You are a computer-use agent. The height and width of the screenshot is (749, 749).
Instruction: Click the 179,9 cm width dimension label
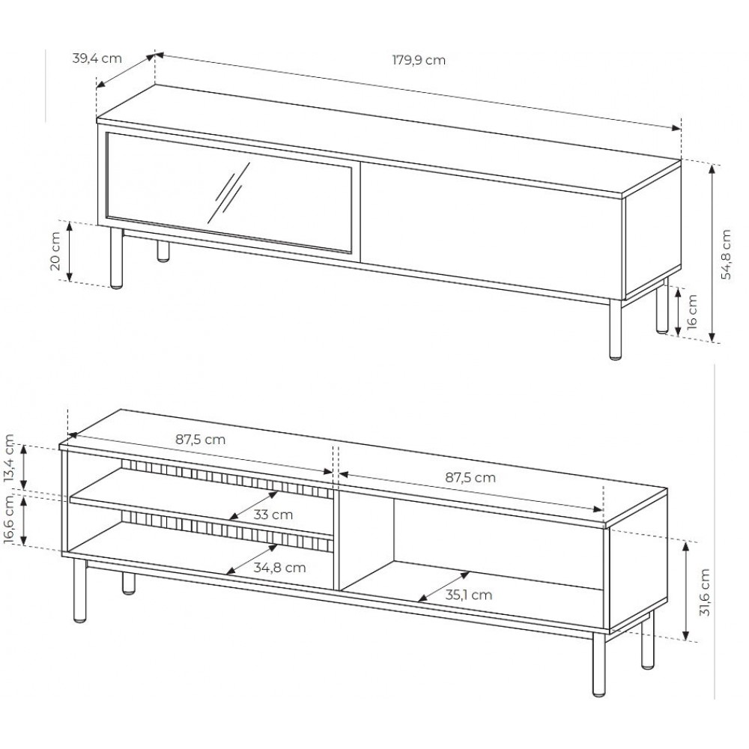419,60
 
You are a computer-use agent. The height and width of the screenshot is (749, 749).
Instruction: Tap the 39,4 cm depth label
97,58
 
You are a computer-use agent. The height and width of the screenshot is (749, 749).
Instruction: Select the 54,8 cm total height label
726,254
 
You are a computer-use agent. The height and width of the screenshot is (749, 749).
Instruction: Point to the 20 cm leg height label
55,251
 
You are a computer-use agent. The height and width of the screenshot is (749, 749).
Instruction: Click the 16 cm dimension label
691,312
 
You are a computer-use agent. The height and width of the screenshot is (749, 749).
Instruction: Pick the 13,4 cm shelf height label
10,459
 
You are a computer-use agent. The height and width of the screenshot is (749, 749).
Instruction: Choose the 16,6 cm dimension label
10,519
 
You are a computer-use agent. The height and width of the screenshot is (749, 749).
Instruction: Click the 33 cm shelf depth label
273,515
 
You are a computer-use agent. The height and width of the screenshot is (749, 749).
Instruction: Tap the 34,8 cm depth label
279,568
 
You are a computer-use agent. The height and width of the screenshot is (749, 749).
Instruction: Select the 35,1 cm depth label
469,595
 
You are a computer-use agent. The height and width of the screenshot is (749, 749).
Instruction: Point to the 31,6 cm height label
705,592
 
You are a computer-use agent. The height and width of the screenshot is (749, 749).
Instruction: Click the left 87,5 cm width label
200,440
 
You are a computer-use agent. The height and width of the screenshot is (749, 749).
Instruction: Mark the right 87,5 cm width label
470,477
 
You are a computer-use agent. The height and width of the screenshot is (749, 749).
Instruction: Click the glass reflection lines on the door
228,193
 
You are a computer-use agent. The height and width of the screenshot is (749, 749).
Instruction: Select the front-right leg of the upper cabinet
616,329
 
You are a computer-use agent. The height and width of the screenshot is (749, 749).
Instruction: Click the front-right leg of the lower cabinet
599,664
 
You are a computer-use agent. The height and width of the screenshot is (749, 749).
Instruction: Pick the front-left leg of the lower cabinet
80,590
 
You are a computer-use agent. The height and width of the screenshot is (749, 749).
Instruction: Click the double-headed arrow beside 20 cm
69,251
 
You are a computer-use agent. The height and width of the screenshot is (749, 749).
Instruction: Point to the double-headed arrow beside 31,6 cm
686,592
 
